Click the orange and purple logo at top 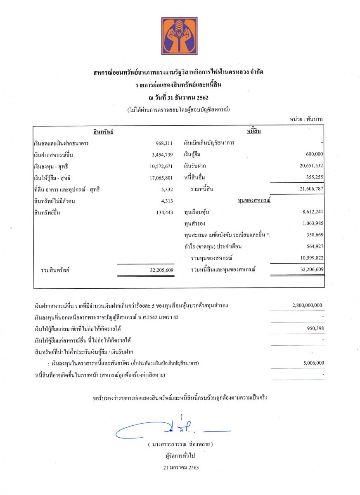point(179,36)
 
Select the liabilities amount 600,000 point(314,154)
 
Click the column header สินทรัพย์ point(104,132)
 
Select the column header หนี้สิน point(254,131)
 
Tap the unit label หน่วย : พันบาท point(306,119)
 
